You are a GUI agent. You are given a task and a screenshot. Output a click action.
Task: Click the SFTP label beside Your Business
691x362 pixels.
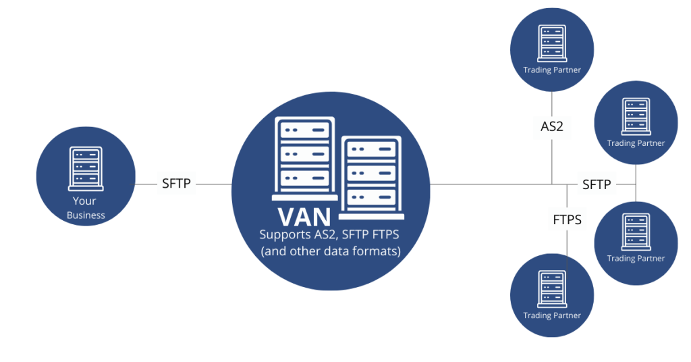pos(176,183)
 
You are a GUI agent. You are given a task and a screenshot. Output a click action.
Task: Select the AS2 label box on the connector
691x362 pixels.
pos(552,126)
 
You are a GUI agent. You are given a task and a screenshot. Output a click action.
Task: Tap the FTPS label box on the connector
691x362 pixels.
pos(567,219)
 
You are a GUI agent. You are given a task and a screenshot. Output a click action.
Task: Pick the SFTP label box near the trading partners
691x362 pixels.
pos(597,184)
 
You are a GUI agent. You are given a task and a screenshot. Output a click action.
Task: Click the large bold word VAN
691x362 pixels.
pos(305,217)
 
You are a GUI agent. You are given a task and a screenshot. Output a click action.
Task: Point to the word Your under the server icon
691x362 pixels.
pos(85,201)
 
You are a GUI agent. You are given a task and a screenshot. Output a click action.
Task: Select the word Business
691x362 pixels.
pos(86,215)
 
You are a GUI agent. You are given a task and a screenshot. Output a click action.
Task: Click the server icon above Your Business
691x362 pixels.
pos(86,168)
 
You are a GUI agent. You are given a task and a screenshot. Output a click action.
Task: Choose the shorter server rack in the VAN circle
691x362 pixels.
pos(371,177)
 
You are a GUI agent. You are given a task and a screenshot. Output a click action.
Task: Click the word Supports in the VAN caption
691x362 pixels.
pos(284,235)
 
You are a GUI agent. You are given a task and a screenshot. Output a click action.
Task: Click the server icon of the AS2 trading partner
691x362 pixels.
pos(552,43)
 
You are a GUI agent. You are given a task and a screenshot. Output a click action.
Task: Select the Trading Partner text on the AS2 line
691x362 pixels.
pos(552,70)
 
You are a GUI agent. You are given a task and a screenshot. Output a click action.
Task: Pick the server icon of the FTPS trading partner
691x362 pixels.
pos(552,289)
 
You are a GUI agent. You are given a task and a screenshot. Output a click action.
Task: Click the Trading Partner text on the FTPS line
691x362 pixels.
pos(552,315)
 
